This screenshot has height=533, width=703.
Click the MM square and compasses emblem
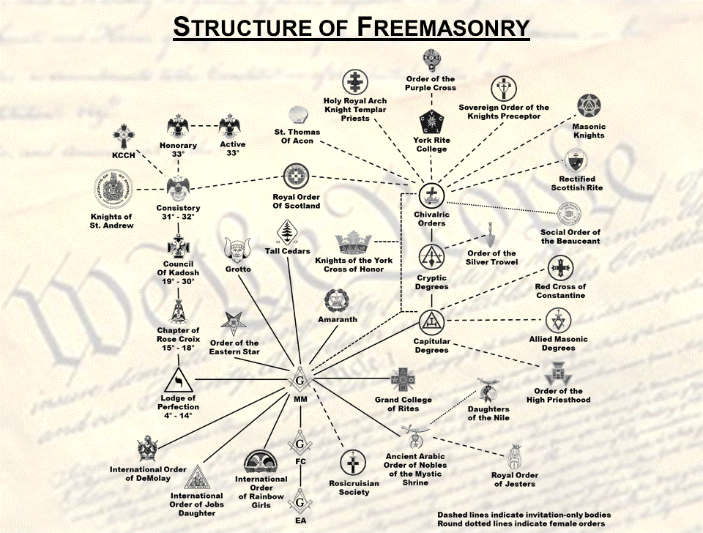[300, 380]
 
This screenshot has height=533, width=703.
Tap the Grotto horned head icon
[238, 250]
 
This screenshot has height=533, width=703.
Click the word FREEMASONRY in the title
[443, 27]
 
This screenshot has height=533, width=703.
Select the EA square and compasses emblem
[300, 502]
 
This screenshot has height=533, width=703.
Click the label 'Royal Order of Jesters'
[515, 480]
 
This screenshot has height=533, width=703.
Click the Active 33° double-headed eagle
[231, 125]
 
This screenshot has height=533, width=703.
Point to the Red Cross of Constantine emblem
[560, 268]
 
